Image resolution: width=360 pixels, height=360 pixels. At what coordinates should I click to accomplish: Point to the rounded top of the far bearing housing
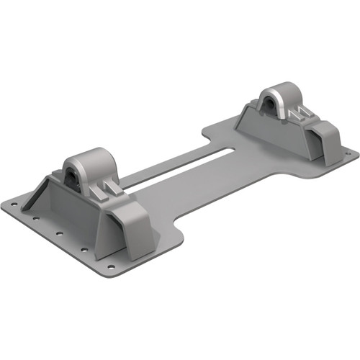(276, 91)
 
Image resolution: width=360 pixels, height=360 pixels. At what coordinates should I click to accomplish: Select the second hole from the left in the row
(42, 222)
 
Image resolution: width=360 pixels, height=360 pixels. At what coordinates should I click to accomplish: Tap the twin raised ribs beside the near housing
(107, 189)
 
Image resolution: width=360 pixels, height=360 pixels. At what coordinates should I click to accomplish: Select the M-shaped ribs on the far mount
(295, 114)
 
